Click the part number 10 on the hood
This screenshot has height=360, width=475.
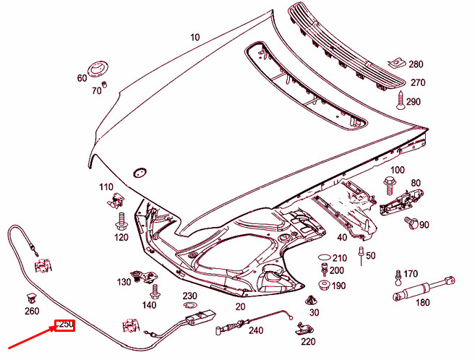click(x=195, y=37)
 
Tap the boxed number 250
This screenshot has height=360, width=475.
click(x=65, y=325)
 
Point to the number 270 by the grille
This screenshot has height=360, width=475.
click(x=417, y=82)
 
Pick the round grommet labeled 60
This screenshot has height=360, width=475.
click(x=98, y=71)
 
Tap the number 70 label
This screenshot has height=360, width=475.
click(x=96, y=90)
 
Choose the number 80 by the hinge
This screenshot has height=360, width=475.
click(x=416, y=183)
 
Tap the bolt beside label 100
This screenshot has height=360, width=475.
click(x=391, y=179)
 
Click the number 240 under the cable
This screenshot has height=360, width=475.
click(x=256, y=331)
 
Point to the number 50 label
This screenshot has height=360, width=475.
click(x=371, y=256)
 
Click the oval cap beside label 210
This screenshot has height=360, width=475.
click(x=323, y=257)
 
